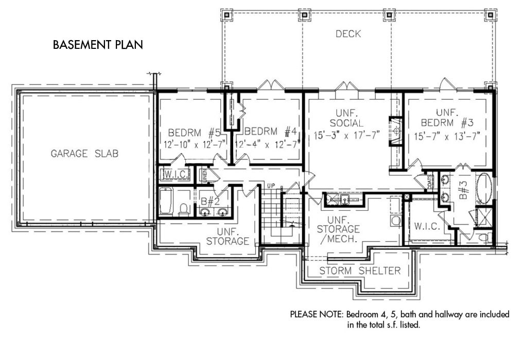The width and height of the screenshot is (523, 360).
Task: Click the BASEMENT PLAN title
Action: tap(98, 45)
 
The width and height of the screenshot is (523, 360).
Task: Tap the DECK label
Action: tap(348, 34)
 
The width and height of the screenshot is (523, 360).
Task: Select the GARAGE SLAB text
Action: tap(85, 153)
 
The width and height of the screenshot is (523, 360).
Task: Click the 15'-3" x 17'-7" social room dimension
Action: tap(346, 135)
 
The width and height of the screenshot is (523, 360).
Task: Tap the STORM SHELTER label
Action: tap(359, 271)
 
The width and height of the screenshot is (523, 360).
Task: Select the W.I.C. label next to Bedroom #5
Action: tap(175, 174)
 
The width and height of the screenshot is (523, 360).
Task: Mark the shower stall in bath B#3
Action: tap(484, 218)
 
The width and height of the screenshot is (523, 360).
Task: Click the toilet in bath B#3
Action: tap(482, 238)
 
